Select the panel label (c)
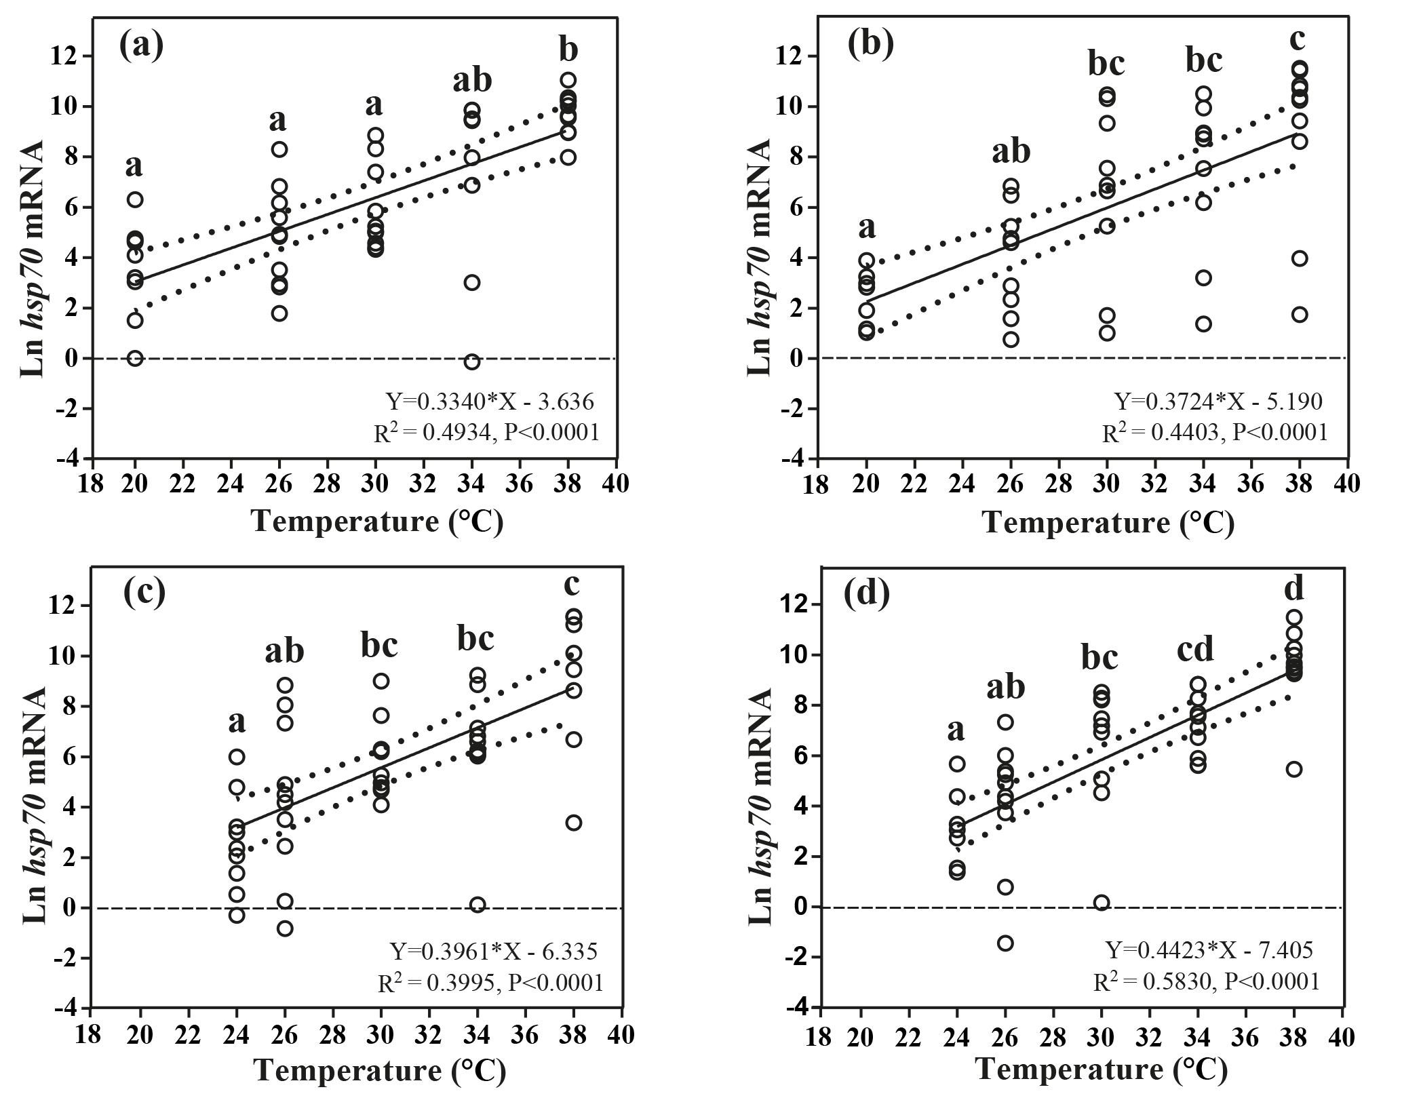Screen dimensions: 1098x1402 tap(144, 591)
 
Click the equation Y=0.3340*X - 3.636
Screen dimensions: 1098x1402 tap(490, 402)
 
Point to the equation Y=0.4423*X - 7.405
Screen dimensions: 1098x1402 tap(1209, 949)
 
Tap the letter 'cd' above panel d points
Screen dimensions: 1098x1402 tap(1194, 650)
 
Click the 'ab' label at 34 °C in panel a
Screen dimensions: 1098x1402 tap(472, 81)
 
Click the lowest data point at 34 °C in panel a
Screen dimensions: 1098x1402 tap(472, 362)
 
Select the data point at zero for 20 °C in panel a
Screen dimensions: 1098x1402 tap(135, 358)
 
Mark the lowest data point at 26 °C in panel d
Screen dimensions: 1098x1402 tap(1005, 943)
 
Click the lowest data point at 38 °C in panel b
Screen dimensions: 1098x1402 tap(1300, 315)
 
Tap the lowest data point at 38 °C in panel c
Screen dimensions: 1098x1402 tap(574, 823)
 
